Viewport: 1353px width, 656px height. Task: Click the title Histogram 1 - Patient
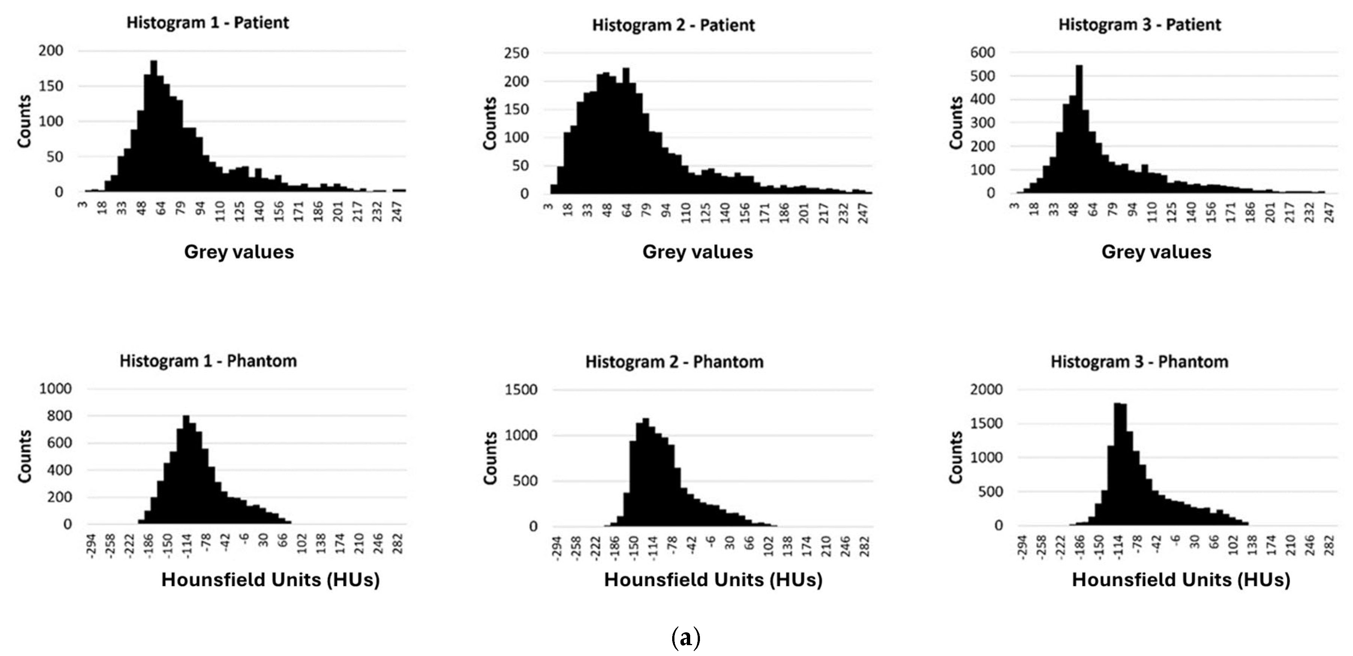[208, 23]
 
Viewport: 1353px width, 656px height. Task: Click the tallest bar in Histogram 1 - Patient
[154, 126]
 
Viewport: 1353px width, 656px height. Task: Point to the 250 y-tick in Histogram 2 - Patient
[516, 53]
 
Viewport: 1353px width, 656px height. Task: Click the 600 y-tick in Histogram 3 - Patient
[983, 52]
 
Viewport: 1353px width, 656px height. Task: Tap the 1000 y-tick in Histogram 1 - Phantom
[55, 389]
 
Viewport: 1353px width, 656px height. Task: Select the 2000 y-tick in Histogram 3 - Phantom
[986, 389]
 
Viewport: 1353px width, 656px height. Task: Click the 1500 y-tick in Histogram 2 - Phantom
[521, 390]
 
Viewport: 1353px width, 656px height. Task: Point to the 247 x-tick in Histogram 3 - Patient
[1329, 212]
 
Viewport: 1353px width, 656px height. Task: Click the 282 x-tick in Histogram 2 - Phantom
[865, 547]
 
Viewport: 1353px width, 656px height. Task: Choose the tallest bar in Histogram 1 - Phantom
[186, 470]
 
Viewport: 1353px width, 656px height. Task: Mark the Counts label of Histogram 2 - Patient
[489, 123]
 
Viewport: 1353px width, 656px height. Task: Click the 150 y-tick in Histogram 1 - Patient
[51, 86]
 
